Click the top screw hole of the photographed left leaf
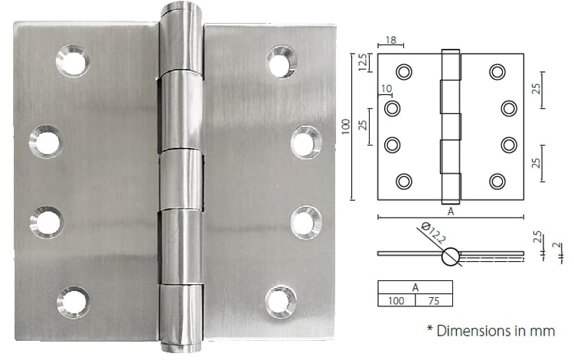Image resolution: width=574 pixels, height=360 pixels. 73,61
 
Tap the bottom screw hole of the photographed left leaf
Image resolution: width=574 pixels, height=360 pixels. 73,302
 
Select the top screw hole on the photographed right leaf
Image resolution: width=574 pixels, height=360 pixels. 282,61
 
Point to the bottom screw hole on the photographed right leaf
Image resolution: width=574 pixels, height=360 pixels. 282,301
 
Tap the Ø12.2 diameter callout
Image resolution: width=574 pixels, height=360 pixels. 429,232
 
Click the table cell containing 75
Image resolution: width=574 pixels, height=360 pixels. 433,300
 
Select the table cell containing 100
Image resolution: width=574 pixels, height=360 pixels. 396,300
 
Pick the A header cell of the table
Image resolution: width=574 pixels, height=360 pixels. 415,287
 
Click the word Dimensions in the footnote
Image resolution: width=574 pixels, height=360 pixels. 477,331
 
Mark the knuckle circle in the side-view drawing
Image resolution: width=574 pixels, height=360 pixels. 452,256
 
